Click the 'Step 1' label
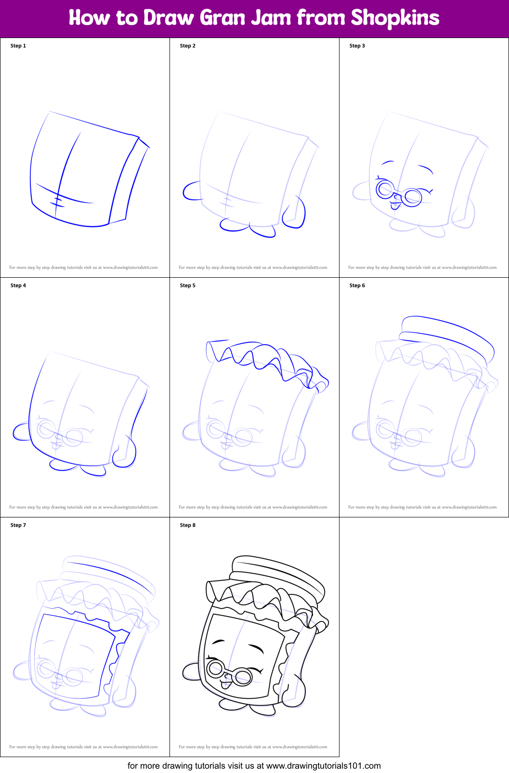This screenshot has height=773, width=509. [18, 46]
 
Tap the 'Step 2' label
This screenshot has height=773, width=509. [188, 46]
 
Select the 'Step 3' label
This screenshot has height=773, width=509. [357, 46]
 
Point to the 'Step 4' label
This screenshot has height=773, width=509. [18, 285]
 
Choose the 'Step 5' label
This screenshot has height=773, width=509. [188, 285]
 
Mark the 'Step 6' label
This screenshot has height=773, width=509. [357, 285]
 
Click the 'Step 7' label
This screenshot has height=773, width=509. [18, 525]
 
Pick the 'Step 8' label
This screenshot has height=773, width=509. [188, 525]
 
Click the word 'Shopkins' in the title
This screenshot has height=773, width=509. [395, 18]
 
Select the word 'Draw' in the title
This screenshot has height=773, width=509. [169, 18]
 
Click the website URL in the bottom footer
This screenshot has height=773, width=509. [323, 766]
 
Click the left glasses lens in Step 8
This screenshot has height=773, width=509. [215, 668]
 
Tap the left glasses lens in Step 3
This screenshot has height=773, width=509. [385, 189]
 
